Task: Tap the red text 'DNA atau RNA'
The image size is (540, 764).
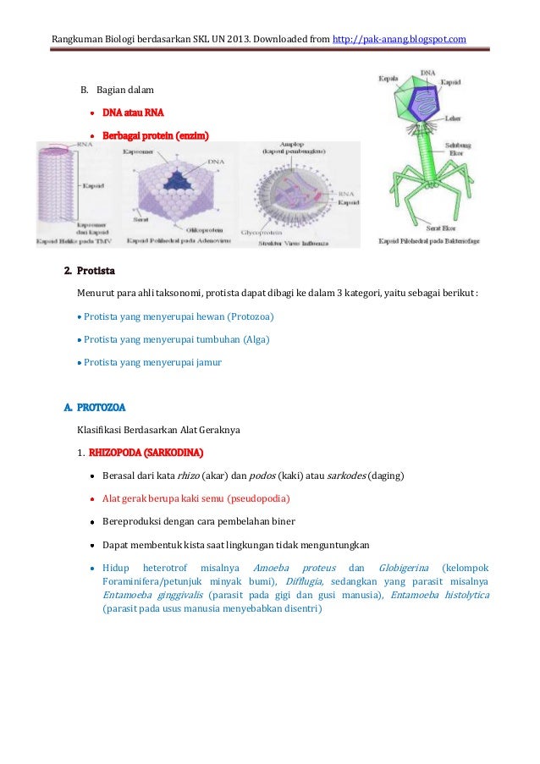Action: [x=133, y=112]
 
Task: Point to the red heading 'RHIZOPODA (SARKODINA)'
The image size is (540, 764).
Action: [x=146, y=450]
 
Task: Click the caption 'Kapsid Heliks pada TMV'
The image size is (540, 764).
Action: [x=74, y=242]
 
